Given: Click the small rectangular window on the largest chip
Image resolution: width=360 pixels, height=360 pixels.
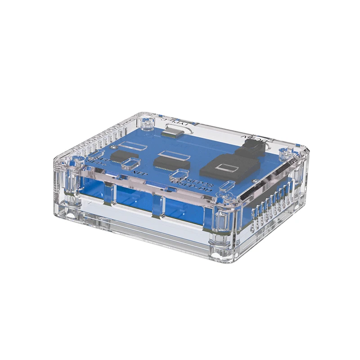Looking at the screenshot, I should pyautogui.click(x=226, y=168).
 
